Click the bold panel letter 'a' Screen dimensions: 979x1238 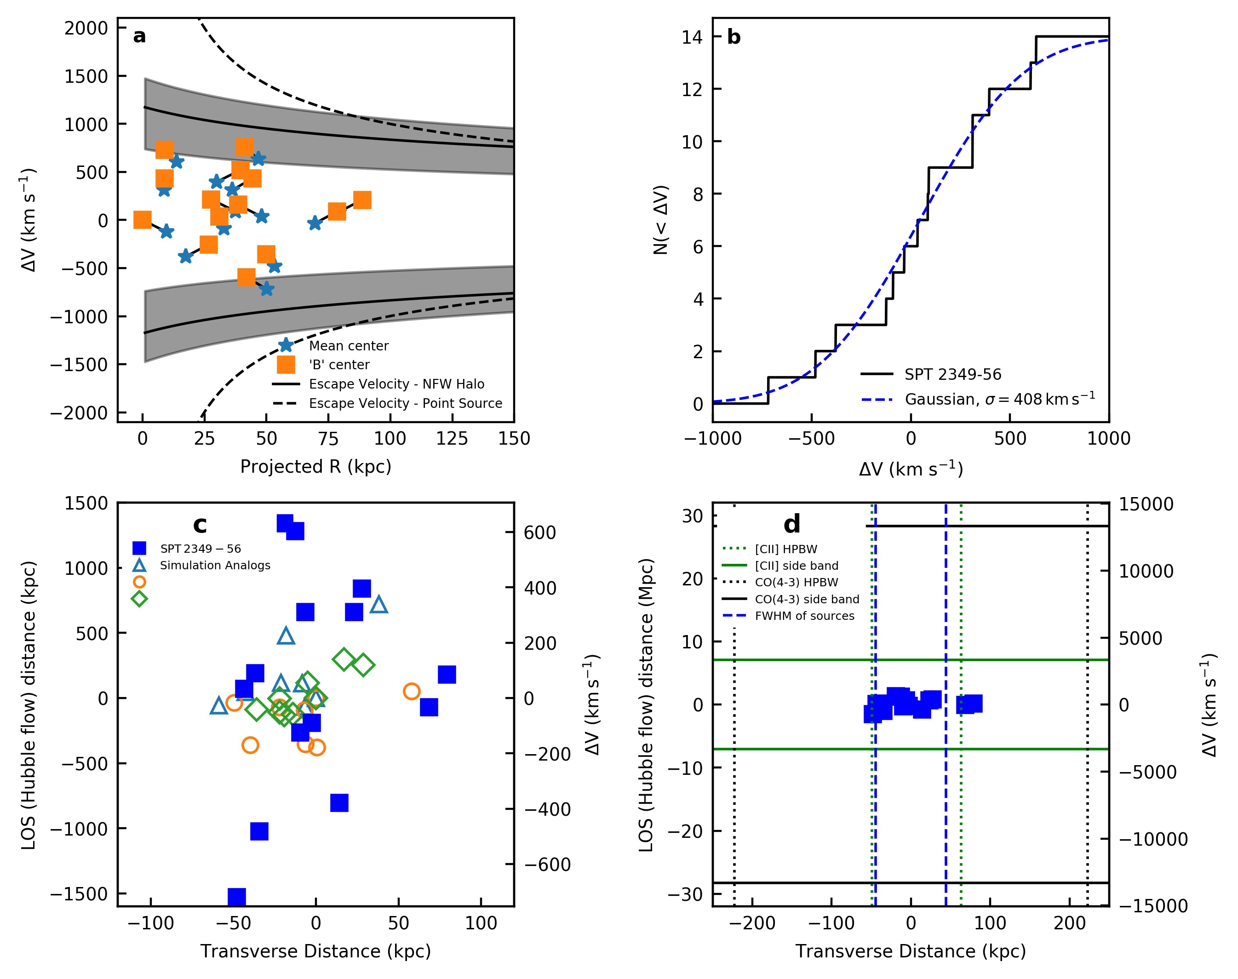point(139,37)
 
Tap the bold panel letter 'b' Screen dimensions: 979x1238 point(734,37)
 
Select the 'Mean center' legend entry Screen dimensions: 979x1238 point(349,346)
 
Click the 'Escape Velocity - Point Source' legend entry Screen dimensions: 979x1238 point(405,404)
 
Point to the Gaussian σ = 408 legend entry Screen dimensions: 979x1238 point(999,399)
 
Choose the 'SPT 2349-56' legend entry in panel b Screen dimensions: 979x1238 point(952,374)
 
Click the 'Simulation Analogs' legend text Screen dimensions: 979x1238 point(215,565)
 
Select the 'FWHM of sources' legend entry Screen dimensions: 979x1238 point(804,616)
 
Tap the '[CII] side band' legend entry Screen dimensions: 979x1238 point(796,566)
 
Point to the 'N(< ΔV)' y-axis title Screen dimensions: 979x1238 point(661,219)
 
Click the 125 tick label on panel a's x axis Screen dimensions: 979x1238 point(452,439)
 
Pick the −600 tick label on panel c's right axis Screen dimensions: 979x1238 point(547,864)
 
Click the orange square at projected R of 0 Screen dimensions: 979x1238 point(142,219)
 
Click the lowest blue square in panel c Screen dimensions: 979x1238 point(237,897)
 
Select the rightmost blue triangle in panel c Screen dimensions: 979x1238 point(379,604)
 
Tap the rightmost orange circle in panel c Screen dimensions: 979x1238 point(412,691)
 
